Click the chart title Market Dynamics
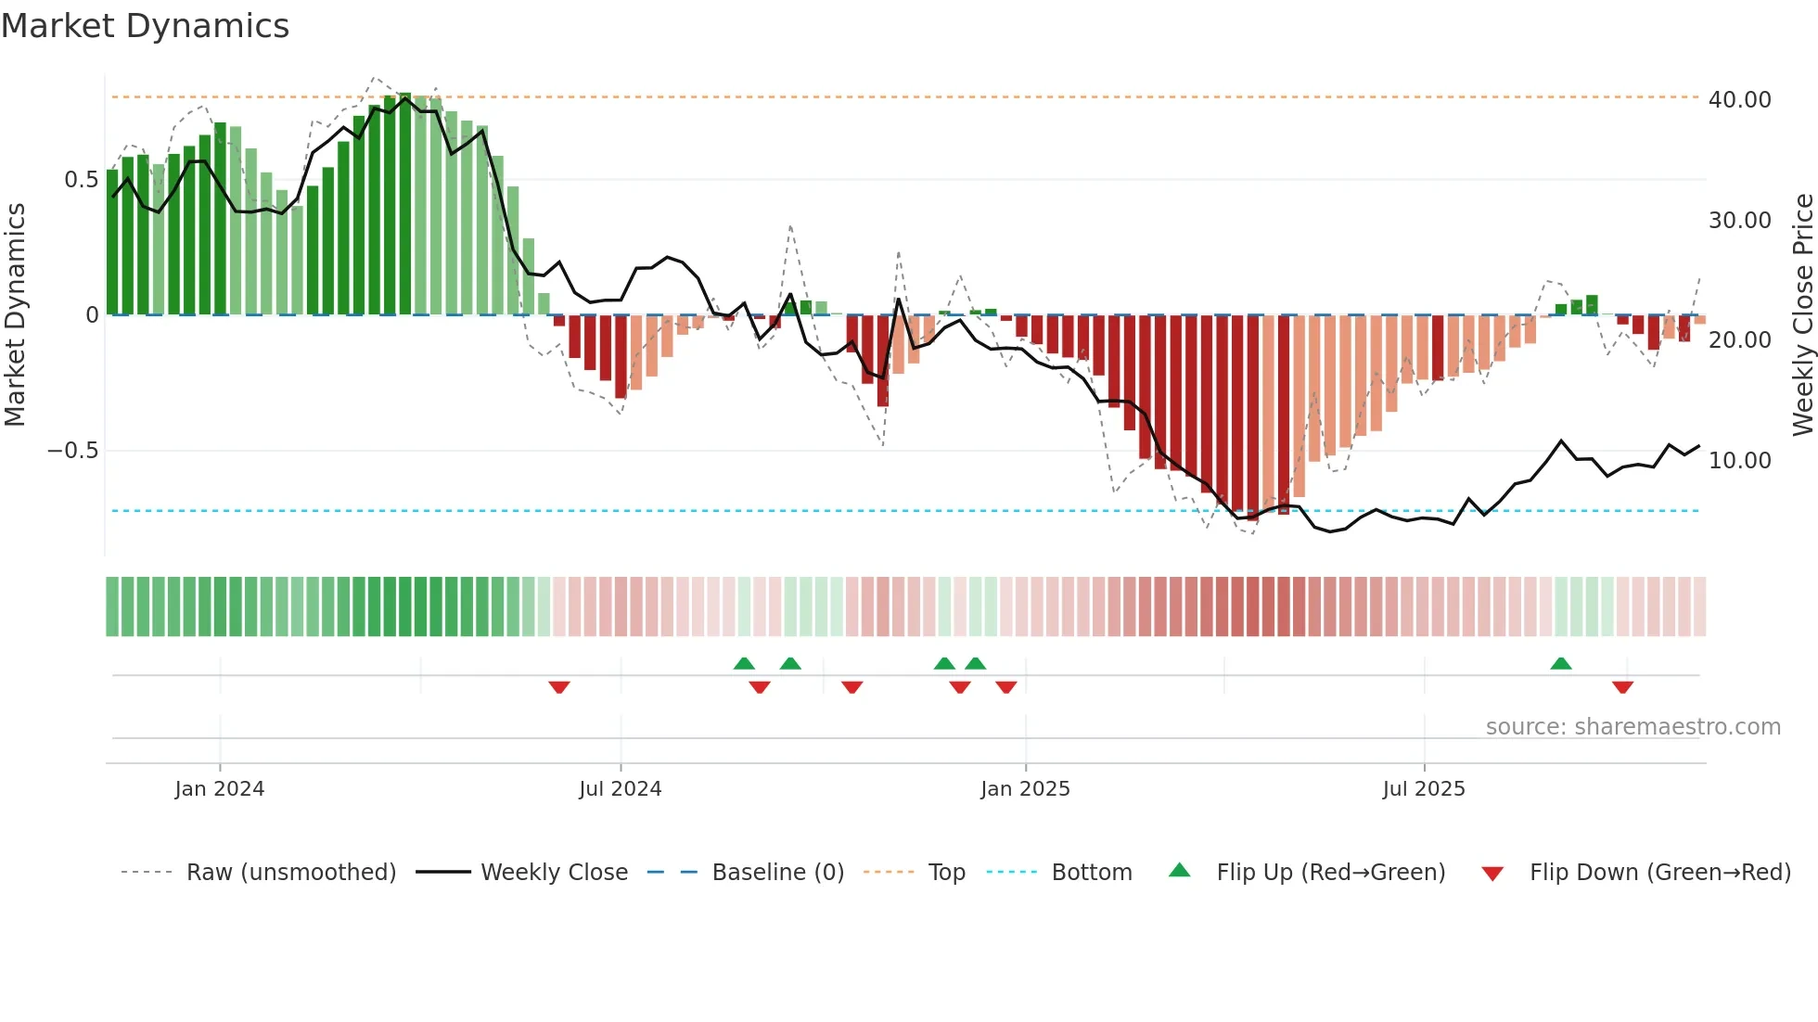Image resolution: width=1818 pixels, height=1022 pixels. tap(146, 26)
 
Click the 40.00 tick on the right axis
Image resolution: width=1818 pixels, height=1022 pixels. tap(1739, 99)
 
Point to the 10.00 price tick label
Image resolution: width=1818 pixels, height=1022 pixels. tap(1739, 460)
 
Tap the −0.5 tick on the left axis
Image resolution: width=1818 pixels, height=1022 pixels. tap(72, 451)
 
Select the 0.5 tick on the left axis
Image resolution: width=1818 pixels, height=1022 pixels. tap(81, 180)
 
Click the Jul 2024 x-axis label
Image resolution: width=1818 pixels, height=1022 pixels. tap(620, 789)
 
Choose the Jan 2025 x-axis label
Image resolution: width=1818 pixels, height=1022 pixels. tap(1025, 789)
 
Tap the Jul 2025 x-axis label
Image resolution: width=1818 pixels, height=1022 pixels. tap(1424, 789)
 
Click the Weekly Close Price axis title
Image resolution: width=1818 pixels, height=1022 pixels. tap(1802, 315)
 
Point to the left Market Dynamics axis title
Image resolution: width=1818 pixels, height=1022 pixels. tap(15, 315)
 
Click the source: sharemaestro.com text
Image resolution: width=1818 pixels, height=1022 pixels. tap(1632, 727)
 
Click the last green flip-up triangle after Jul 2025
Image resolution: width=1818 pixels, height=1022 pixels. tap(1561, 664)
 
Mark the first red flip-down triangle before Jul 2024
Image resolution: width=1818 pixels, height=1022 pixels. tap(558, 687)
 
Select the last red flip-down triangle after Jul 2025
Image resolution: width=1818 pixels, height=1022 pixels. tap(1622, 687)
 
